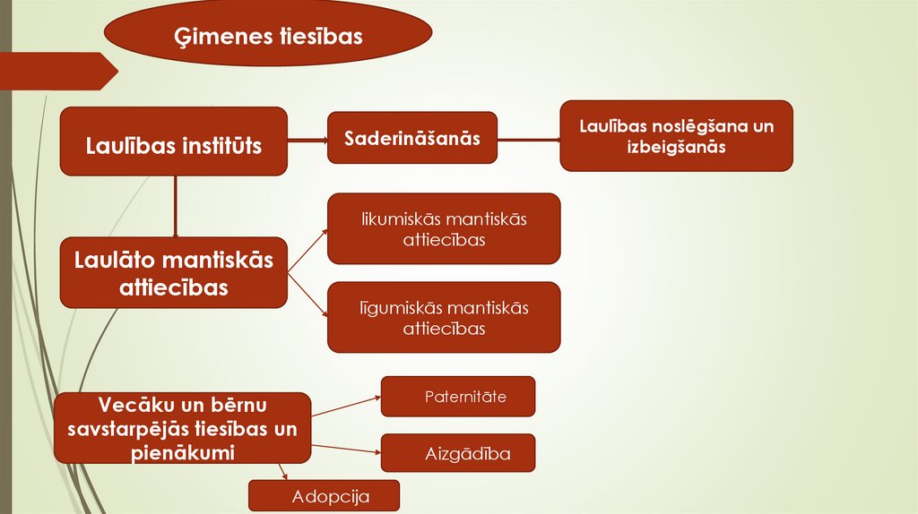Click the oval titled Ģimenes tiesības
[x=268, y=35]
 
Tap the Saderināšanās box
[x=411, y=138]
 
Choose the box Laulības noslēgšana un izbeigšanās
[x=676, y=135]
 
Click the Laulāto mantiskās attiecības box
[x=173, y=272]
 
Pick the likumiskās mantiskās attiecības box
[x=444, y=228]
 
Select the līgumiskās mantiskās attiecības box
[x=444, y=317]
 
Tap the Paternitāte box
[x=458, y=397]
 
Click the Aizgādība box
[x=458, y=453]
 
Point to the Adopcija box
[x=324, y=496]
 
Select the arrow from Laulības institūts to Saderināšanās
[x=307, y=139]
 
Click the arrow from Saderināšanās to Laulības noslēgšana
[x=528, y=139]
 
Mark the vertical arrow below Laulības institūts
[x=175, y=206]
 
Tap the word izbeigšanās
[x=676, y=147]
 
